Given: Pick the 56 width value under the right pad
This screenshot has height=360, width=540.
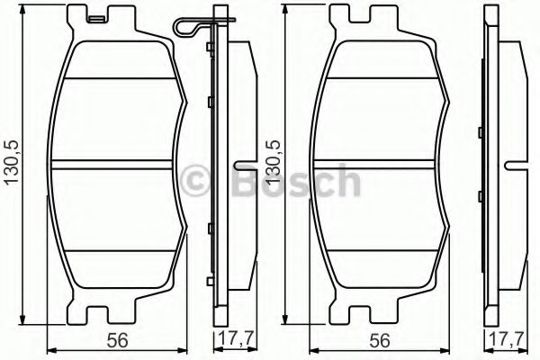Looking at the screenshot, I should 382,340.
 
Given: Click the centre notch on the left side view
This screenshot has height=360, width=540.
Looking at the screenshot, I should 243,166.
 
